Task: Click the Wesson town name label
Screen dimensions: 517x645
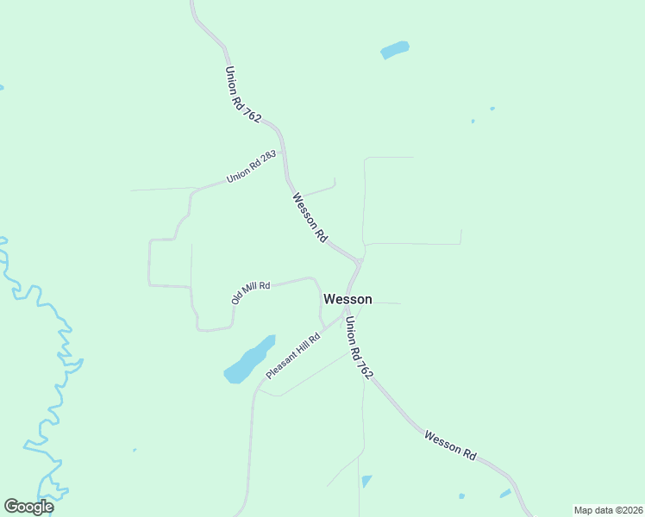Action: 348,299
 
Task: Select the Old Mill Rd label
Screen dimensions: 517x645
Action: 251,291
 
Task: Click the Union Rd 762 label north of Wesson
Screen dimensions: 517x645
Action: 242,95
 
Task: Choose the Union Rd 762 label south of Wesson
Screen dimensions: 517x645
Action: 360,348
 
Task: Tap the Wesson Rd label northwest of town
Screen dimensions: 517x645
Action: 310,217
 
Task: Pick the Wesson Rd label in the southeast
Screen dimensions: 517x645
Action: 450,445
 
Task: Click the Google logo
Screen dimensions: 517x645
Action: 28,507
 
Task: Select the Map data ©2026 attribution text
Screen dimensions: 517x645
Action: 608,510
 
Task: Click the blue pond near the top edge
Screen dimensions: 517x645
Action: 395,50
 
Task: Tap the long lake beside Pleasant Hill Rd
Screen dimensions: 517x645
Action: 249,359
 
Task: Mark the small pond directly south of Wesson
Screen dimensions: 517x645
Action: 366,481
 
